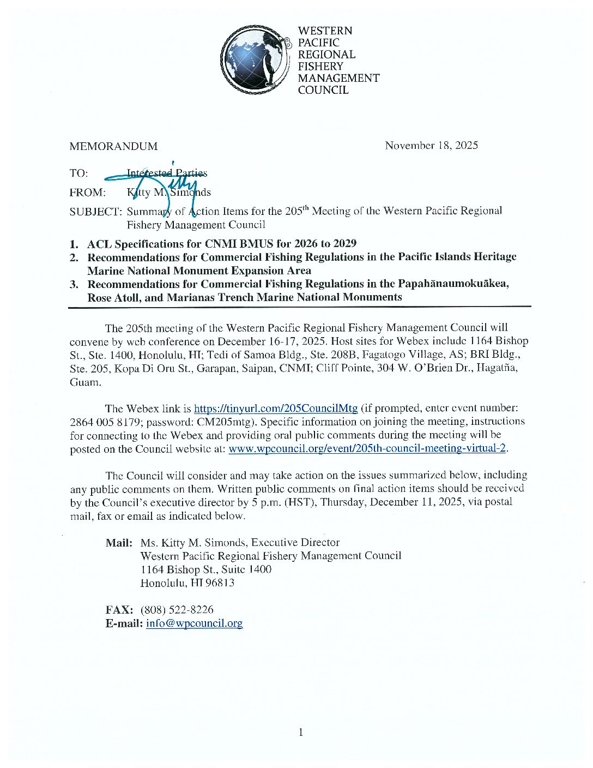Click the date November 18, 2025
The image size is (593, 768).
(431, 145)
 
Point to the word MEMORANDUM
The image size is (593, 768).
(113, 146)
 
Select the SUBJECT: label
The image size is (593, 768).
(95, 212)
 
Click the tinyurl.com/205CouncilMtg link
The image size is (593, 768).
(276, 408)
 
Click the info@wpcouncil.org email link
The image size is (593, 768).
(194, 623)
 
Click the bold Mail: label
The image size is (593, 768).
(119, 543)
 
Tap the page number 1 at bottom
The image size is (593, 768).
(300, 732)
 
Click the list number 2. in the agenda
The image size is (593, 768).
(75, 257)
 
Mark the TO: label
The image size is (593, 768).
(78, 173)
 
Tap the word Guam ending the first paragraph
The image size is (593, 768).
(85, 382)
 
